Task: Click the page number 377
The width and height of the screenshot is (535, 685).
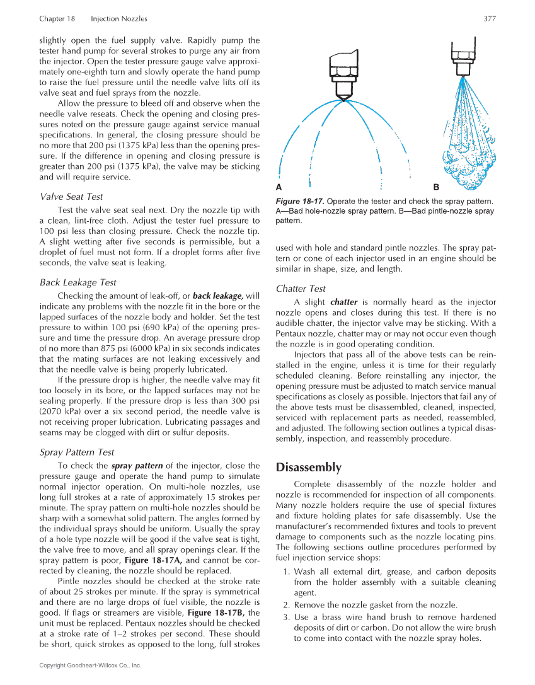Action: click(x=489, y=19)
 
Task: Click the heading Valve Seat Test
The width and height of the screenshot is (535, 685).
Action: click(x=71, y=197)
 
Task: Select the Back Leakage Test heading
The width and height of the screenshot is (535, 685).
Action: click(x=78, y=282)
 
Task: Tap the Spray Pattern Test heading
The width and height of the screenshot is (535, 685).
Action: click(x=76, y=452)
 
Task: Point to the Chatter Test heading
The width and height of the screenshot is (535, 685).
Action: click(x=301, y=289)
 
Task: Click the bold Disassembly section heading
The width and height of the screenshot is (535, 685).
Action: click(x=309, y=468)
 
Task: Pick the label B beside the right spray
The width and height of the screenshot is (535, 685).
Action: click(x=437, y=188)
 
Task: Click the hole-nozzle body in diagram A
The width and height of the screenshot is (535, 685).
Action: click(x=342, y=76)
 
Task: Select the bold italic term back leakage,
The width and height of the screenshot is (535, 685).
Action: click(x=218, y=296)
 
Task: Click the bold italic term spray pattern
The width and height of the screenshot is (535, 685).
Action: click(x=137, y=466)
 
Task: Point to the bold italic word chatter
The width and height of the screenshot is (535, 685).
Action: click(x=343, y=302)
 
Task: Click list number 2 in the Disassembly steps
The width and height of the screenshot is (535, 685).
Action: click(x=288, y=606)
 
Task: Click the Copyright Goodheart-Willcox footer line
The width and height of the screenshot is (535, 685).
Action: click(x=90, y=665)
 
